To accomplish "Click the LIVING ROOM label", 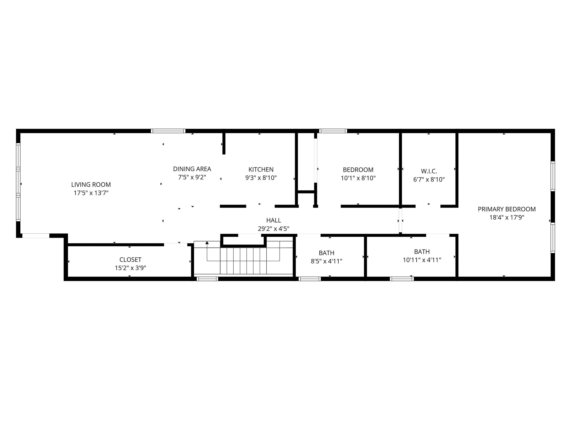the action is pyautogui.click(x=91, y=184).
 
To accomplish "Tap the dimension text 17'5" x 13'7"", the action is pyautogui.click(x=91, y=193).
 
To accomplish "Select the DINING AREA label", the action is pyautogui.click(x=192, y=169).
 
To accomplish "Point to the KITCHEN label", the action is pyautogui.click(x=261, y=169).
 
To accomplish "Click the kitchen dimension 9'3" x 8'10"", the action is pyautogui.click(x=261, y=178).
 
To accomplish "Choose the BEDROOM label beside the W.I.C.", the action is pyautogui.click(x=358, y=170).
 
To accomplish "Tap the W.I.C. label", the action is pyautogui.click(x=429, y=171).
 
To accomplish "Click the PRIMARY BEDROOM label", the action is pyautogui.click(x=507, y=209).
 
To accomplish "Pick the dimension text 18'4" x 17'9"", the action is pyautogui.click(x=507, y=218).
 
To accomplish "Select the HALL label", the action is pyautogui.click(x=274, y=220).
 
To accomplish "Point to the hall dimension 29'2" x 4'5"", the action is pyautogui.click(x=274, y=228).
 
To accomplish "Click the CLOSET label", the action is pyautogui.click(x=130, y=260).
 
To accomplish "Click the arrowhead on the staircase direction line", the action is pyautogui.click(x=207, y=242).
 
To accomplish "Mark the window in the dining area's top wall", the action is pyautogui.click(x=168, y=131).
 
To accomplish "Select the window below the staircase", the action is pyautogui.click(x=207, y=279).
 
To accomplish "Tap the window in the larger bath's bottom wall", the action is pyautogui.click(x=402, y=279).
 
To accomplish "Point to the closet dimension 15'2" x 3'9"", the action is pyautogui.click(x=130, y=268).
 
